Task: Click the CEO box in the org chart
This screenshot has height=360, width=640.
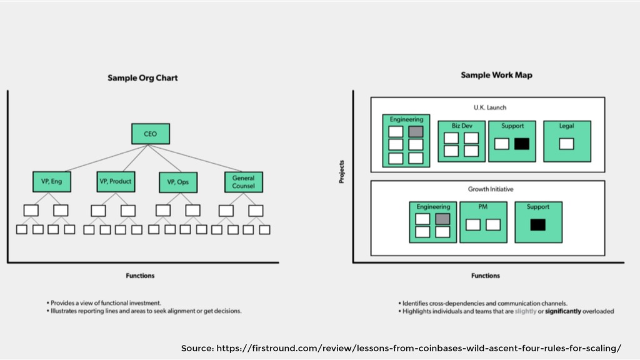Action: coord(151,134)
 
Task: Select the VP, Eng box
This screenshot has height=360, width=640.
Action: coord(52,182)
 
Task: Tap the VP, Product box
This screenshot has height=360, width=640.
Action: coord(116,182)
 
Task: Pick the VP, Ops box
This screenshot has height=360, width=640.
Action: coord(178,182)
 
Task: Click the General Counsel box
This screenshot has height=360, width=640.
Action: coord(244,182)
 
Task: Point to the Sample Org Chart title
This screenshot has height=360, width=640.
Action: coord(142,78)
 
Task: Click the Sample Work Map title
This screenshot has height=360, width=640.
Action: coord(496,75)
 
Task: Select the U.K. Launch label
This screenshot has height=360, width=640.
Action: coord(490,107)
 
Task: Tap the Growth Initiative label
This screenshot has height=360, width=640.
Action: coord(491,189)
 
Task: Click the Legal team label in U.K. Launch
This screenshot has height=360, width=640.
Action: coord(566,126)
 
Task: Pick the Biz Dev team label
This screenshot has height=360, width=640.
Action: coord(462,126)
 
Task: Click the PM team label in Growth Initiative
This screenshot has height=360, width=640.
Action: coord(483,207)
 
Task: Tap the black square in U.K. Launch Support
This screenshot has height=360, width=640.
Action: coord(522,144)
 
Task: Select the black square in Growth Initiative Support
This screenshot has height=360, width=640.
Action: coord(538,225)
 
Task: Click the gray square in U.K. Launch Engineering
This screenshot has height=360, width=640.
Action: coord(416,131)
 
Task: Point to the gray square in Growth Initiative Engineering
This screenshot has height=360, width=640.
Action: coord(442,219)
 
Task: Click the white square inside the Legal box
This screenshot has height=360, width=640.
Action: coord(566,144)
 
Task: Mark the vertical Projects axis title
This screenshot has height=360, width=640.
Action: coord(342,171)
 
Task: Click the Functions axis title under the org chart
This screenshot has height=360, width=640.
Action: coord(140,276)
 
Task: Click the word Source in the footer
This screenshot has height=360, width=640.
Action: coord(197,349)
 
